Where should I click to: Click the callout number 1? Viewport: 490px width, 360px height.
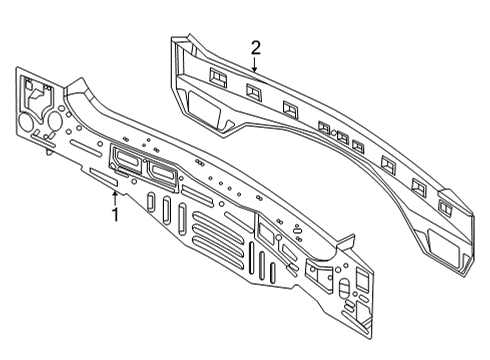[115, 213]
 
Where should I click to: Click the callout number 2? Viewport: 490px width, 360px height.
[255, 47]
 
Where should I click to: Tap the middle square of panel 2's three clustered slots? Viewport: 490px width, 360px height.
[341, 136]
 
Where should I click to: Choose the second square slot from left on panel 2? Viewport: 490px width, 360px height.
[252, 91]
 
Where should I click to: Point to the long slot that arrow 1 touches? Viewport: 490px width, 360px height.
[105, 177]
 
